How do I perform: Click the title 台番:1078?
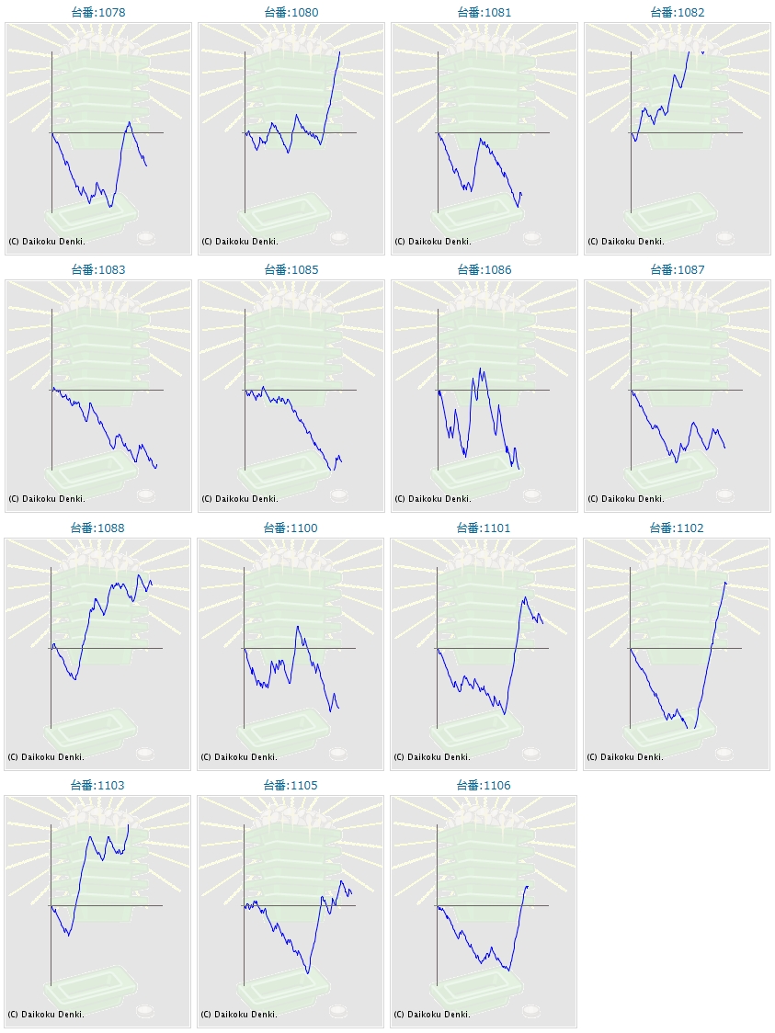point(97,13)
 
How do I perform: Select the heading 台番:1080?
point(291,13)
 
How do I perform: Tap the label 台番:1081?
point(484,13)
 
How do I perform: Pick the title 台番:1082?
point(677,13)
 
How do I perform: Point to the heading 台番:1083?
point(97,270)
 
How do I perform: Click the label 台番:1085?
point(291,270)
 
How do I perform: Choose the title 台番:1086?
point(484,270)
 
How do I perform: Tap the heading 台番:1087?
point(677,270)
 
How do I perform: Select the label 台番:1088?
point(97,528)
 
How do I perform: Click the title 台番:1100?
point(291,528)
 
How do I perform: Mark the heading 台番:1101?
point(484,528)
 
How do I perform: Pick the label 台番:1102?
point(677,528)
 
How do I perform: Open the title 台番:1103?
point(97,786)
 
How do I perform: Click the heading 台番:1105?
point(291,786)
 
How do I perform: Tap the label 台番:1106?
point(484,786)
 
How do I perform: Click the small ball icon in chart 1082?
point(725,238)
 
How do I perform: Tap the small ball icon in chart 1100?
point(339,754)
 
